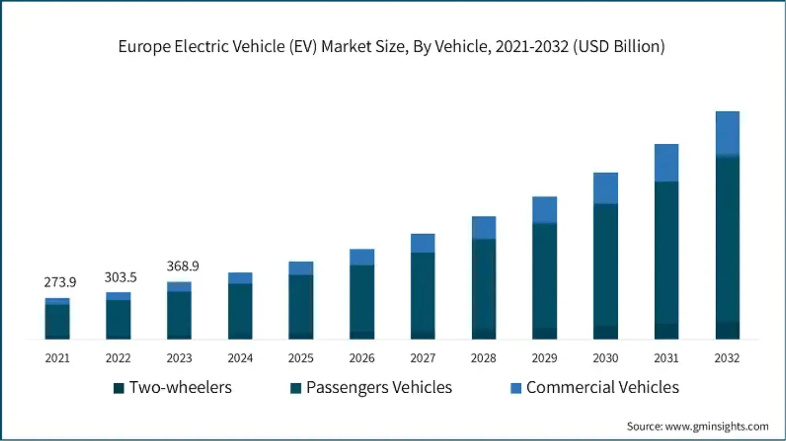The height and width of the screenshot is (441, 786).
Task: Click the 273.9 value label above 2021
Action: coord(60,282)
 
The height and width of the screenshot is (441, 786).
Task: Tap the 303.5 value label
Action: coord(120,277)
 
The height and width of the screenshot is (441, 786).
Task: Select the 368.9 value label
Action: coord(182,266)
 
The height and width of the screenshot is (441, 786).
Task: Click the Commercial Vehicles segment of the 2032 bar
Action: coord(727,133)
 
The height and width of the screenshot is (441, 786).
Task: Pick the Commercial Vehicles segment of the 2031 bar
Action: coord(666,163)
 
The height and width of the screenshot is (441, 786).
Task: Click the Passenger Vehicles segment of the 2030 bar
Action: coord(605,264)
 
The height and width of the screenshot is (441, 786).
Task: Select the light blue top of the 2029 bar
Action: coord(545,209)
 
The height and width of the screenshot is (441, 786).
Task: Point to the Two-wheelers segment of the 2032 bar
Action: coord(727,330)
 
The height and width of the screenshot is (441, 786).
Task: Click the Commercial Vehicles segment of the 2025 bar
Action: coord(301,268)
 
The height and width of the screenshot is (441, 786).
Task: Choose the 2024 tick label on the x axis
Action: coord(240,358)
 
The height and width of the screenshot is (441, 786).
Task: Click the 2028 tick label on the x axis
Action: coord(483,358)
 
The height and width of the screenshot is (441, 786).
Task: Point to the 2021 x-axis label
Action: coord(57,358)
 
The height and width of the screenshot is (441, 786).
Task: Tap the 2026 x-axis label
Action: coord(362,358)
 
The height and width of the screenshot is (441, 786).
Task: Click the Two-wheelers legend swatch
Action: coord(119,388)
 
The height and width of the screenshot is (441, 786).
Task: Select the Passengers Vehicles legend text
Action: coord(379,388)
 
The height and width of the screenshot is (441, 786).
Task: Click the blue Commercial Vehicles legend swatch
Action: coord(516,388)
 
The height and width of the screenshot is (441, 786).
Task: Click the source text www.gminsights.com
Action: coord(717,426)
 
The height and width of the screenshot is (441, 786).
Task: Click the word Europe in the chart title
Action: coord(144,46)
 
